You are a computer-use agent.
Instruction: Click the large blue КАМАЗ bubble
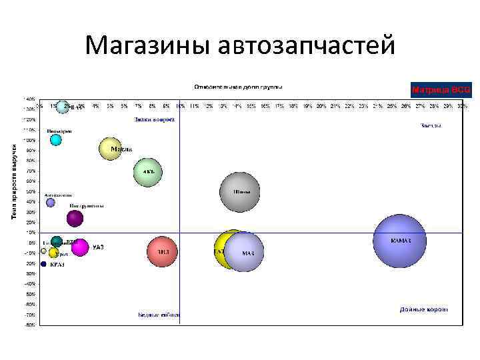(399, 241)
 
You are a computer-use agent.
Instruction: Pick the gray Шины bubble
(240, 192)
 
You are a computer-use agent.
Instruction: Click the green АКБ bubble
(147, 172)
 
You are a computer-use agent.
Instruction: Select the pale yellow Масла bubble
(111, 149)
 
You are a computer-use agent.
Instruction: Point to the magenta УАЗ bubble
(80, 247)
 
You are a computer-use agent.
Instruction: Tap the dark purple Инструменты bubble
(75, 217)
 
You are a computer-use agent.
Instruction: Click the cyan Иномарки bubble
(56, 139)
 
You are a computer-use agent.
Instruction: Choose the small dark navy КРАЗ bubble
(44, 264)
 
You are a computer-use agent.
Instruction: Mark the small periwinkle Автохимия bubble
(51, 203)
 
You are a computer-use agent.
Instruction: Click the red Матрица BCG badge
(441, 89)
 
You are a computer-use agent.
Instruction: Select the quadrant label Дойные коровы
(423, 309)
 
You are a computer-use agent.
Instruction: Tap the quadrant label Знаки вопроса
(154, 120)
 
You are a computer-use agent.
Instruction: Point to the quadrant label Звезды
(431, 125)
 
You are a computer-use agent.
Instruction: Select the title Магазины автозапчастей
(240, 45)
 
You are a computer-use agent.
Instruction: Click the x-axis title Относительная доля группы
(237, 87)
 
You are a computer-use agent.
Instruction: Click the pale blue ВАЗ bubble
(63, 107)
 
